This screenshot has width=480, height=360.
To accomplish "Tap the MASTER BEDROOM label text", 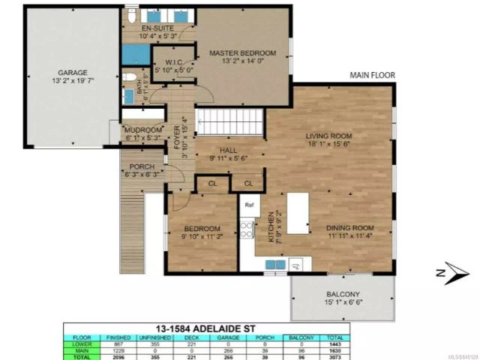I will click(x=242, y=53).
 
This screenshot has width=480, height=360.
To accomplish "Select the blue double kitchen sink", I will click(x=296, y=264).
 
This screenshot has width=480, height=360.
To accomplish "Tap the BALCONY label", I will click(x=343, y=294).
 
